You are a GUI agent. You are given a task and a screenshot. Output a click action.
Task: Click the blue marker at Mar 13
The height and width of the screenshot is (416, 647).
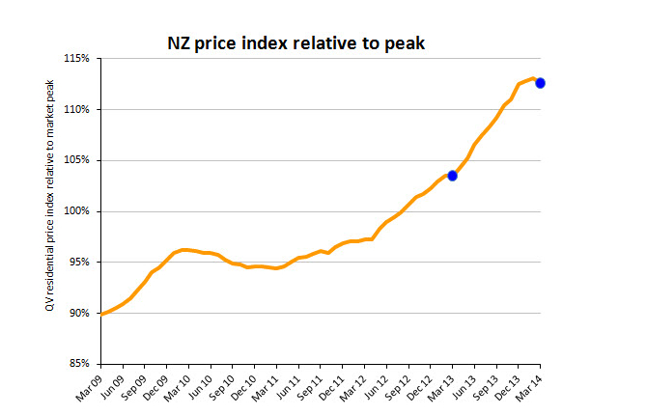[x=452, y=175]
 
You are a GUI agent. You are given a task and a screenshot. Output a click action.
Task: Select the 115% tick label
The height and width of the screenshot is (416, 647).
[x=78, y=59]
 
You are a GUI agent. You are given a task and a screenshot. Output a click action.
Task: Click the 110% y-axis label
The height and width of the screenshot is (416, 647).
[x=78, y=109]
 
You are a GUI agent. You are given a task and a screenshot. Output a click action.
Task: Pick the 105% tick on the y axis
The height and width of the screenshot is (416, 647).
[x=78, y=160]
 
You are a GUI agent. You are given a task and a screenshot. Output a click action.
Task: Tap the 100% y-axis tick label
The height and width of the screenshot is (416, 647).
[x=78, y=211]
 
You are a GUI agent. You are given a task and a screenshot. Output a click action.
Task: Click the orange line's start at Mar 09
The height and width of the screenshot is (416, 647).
[x=101, y=314]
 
